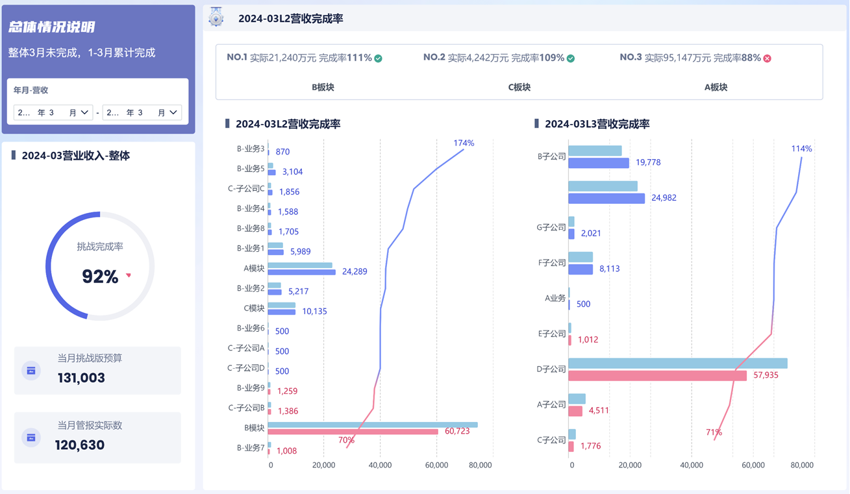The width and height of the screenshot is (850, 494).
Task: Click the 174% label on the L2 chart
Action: tap(464, 143)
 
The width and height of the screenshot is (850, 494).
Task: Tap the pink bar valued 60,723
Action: tap(353, 432)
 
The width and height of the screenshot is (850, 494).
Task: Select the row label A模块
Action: tap(254, 268)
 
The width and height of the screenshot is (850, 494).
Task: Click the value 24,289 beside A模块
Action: tap(355, 271)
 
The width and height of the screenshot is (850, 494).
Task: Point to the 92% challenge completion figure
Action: tap(100, 277)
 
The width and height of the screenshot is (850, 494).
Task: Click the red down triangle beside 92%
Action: tap(129, 275)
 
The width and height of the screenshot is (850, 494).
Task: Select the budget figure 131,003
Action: tap(81, 378)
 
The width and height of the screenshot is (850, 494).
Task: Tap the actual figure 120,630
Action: tap(80, 445)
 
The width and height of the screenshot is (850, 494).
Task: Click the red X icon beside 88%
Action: tap(767, 58)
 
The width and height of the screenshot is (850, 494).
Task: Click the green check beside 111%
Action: tap(378, 58)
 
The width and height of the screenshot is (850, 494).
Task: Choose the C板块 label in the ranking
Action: tap(519, 87)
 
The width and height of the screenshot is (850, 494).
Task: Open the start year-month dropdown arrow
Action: tap(84, 112)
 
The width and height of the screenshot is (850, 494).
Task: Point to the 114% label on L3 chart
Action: tap(801, 149)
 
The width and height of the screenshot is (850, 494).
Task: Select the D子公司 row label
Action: tap(551, 369)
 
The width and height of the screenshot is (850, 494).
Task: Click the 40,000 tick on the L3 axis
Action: tap(691, 465)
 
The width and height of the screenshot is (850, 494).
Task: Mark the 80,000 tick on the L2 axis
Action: tap(480, 465)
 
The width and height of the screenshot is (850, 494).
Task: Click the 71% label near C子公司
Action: tap(714, 432)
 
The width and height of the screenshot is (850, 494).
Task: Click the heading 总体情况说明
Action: tap(52, 27)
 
